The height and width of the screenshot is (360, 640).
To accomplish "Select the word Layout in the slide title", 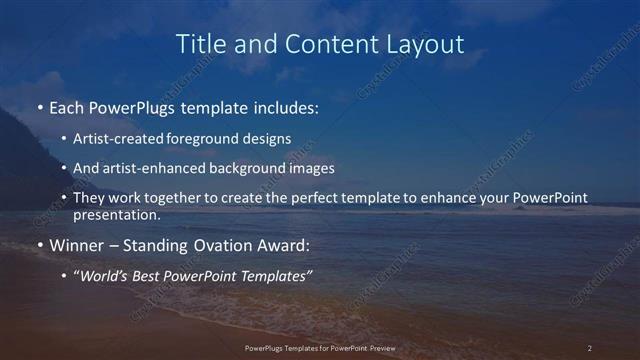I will point(427,44).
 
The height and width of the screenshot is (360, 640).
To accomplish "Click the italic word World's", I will point(104,275).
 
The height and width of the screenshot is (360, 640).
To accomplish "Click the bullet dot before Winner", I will point(40,244).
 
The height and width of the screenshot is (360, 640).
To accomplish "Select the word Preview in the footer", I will point(391,348).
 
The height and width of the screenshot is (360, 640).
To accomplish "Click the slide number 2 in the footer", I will point(590,348).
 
